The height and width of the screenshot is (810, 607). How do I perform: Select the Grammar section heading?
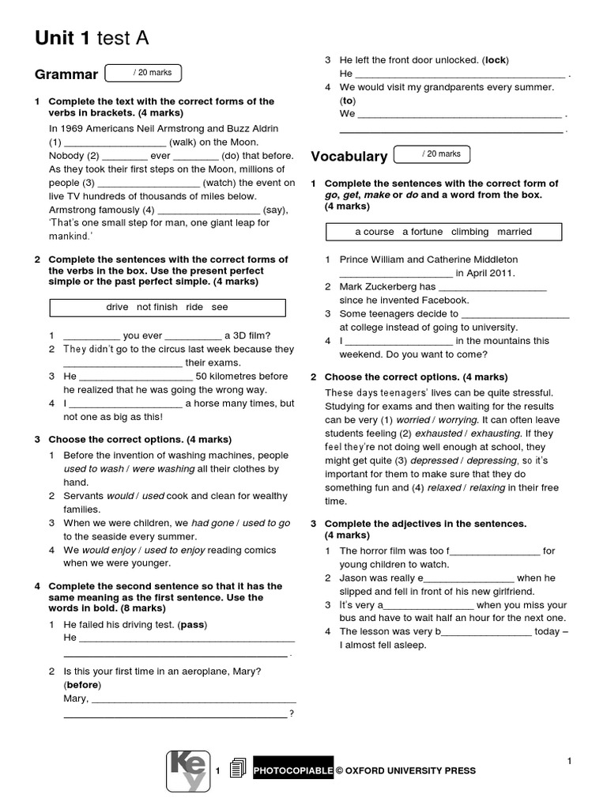point(66,75)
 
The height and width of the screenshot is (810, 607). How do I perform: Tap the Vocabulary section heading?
point(349,156)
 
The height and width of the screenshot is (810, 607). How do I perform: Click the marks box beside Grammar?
point(143,73)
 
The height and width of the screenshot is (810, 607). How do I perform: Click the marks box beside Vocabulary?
point(432,153)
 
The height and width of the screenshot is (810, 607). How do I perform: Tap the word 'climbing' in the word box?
point(470,232)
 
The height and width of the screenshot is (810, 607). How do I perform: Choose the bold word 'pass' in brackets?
point(192,625)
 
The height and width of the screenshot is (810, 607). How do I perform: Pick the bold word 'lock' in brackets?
point(495,60)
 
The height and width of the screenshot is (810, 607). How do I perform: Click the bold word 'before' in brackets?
point(81,685)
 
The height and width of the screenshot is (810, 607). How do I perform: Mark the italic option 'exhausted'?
point(439,433)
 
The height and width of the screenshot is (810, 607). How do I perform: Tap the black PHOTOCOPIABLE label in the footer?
point(293,770)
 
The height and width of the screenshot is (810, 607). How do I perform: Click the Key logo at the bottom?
point(188,770)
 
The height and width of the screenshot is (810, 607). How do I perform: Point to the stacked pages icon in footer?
point(236,770)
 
